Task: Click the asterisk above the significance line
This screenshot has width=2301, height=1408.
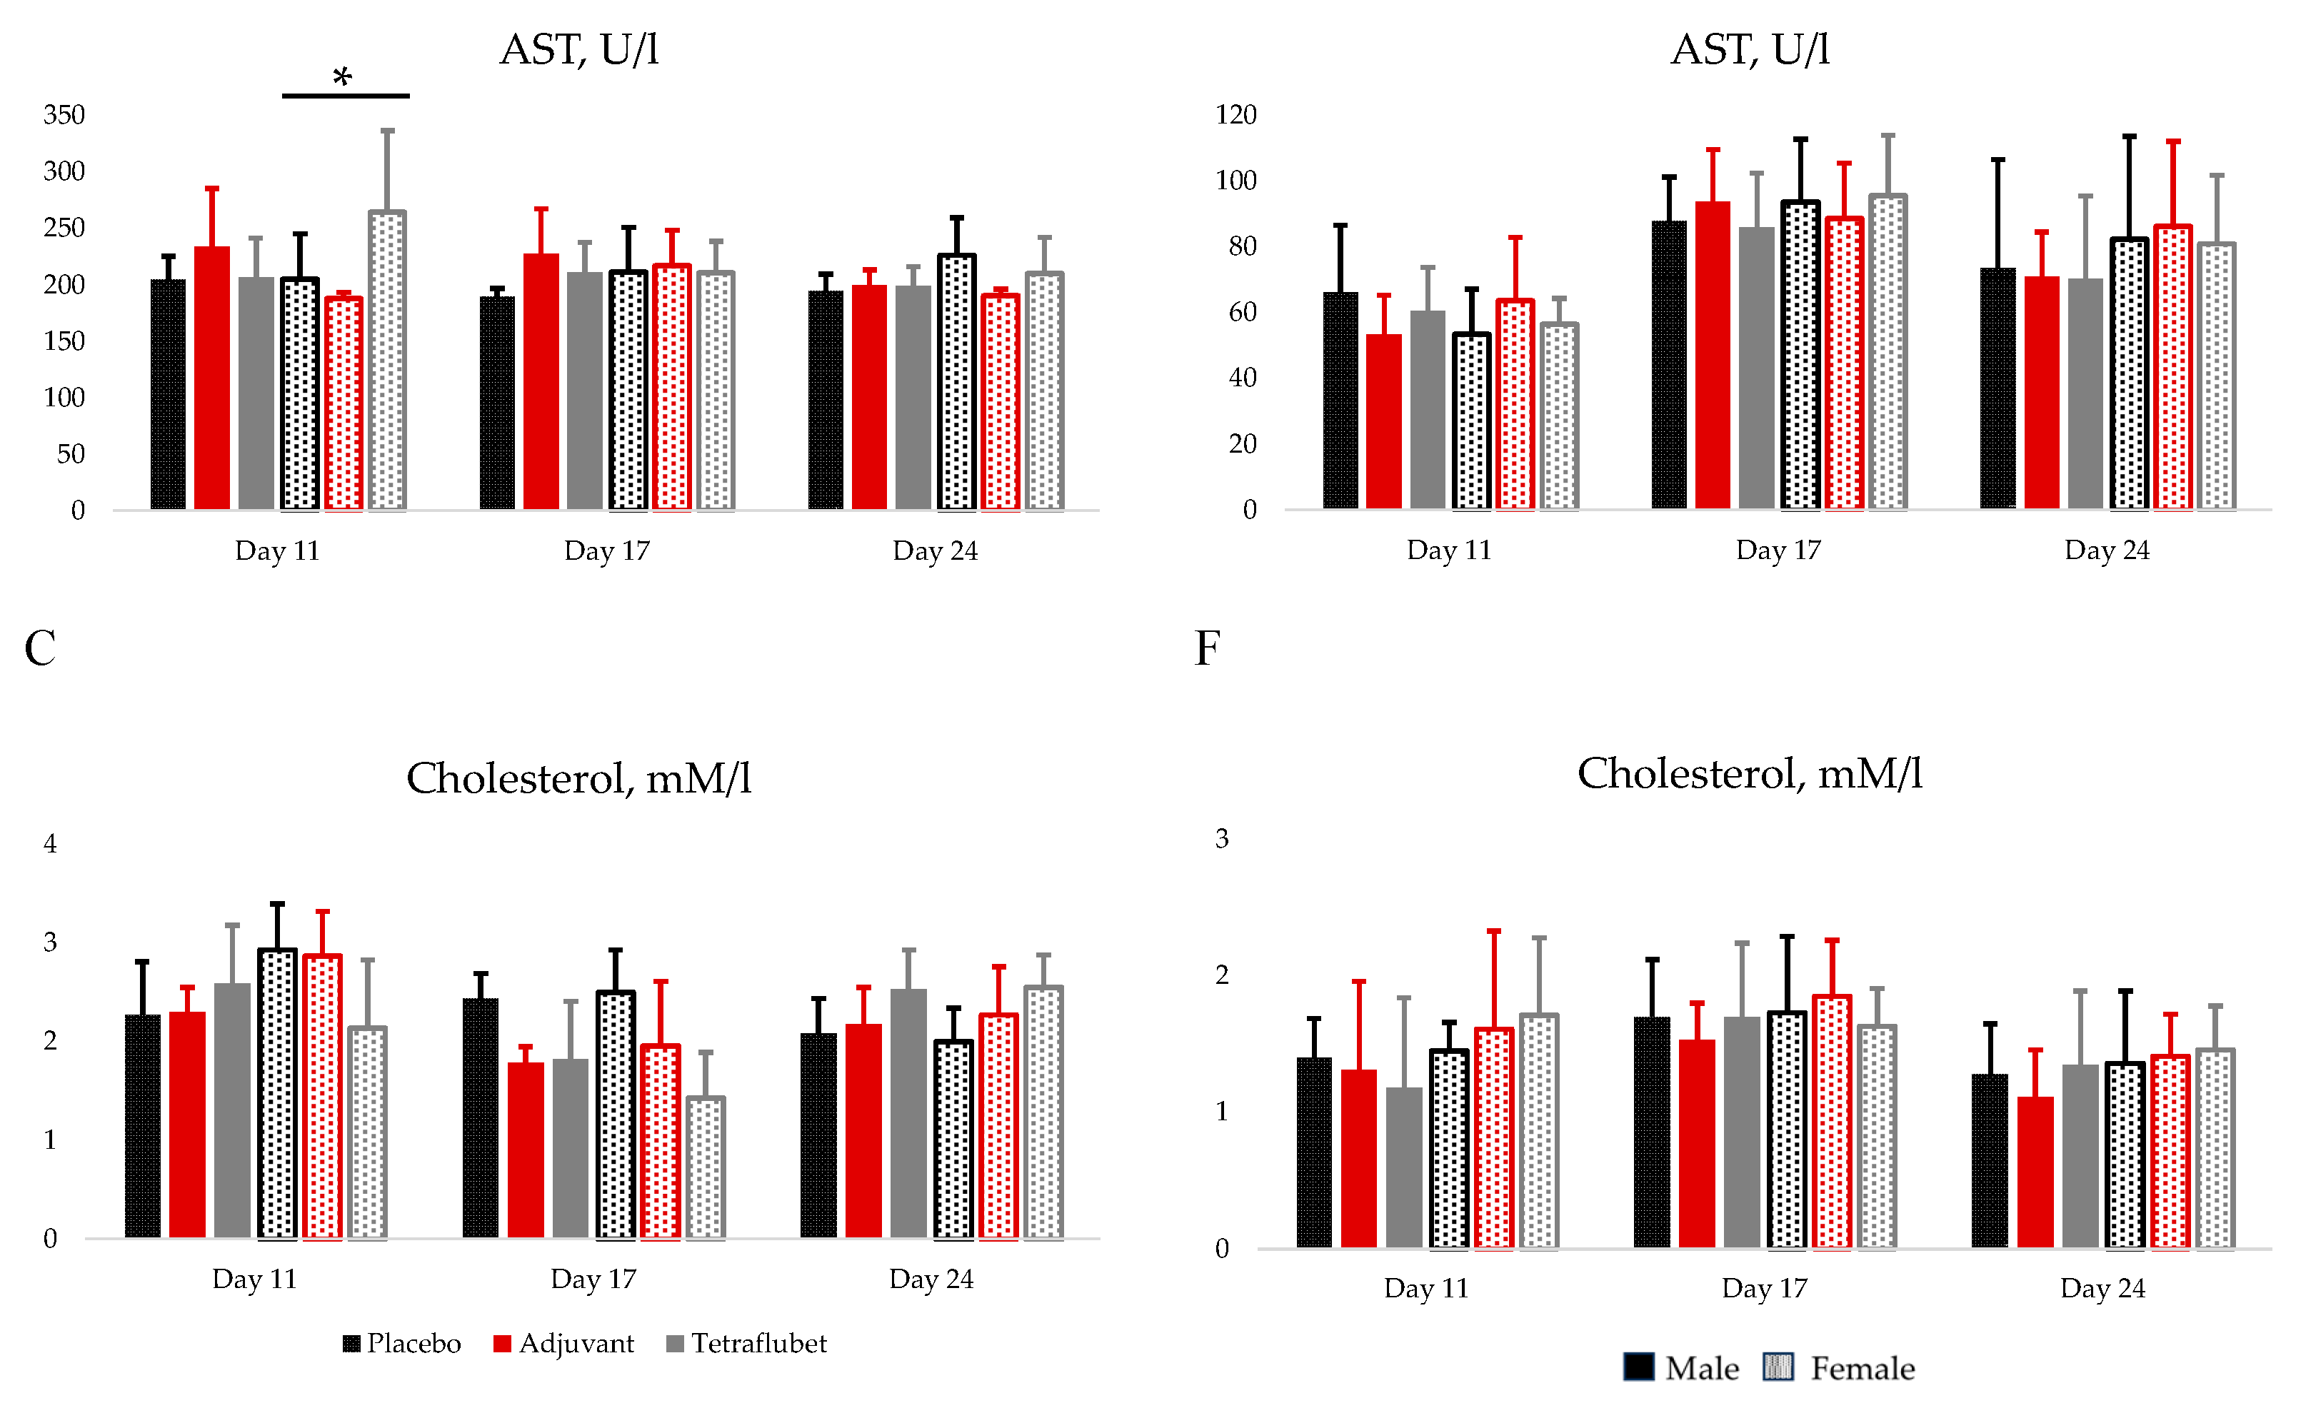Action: [x=343, y=76]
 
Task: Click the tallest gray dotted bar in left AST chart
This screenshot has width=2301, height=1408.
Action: [x=388, y=361]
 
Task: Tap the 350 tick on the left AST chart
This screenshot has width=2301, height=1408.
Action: [x=64, y=115]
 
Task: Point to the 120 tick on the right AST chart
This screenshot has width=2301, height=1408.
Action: [x=1235, y=115]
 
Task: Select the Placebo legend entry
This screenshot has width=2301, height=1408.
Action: [x=403, y=1344]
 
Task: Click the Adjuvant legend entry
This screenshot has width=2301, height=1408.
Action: [x=564, y=1344]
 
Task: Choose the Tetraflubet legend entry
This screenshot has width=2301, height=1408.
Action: [x=747, y=1344]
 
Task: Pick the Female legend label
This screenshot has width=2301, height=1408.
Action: [x=1862, y=1369]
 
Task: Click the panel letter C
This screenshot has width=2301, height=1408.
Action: [x=39, y=648]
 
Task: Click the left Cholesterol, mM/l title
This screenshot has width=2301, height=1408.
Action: [x=579, y=778]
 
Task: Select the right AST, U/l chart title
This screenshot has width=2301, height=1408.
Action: [x=1750, y=49]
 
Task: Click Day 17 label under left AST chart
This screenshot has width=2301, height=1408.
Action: [x=606, y=551]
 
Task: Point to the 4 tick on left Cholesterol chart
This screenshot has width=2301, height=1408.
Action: [x=51, y=844]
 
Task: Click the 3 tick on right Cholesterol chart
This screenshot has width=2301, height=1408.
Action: [x=1221, y=838]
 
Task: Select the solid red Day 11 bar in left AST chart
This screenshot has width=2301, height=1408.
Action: [x=212, y=378]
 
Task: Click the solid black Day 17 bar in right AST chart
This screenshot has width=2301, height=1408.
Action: [x=1669, y=365]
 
